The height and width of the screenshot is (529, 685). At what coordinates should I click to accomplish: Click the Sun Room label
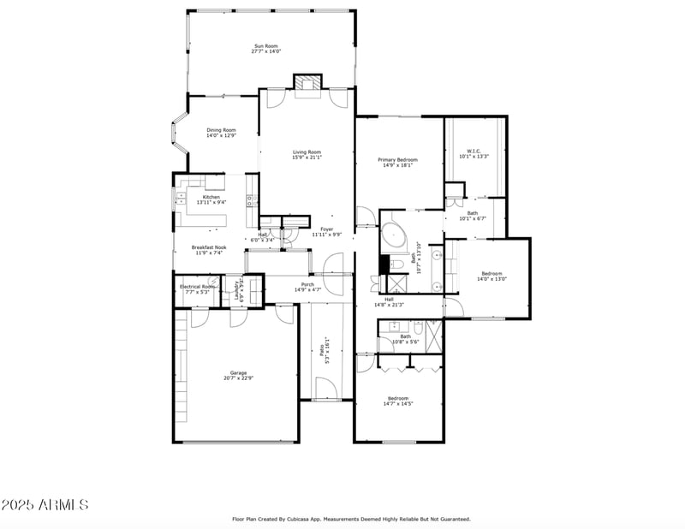pyautogui.click(x=266, y=49)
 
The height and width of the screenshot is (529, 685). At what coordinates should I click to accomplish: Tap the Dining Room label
pyautogui.click(x=221, y=133)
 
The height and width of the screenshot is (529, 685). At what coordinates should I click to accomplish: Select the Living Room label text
pyautogui.click(x=307, y=154)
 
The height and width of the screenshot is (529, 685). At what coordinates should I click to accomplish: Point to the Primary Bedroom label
pyautogui.click(x=398, y=162)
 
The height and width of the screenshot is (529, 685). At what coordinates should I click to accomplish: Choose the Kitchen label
pyautogui.click(x=211, y=199)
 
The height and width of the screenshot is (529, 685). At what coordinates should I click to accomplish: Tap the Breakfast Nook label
pyautogui.click(x=209, y=249)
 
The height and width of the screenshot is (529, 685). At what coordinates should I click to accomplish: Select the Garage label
pyautogui.click(x=238, y=375)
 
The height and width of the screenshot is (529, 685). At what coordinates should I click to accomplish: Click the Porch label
pyautogui.click(x=307, y=287)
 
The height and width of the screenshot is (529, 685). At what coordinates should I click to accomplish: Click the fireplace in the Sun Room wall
pyautogui.click(x=307, y=82)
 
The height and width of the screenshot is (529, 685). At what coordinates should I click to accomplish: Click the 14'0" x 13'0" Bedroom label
pyautogui.click(x=491, y=276)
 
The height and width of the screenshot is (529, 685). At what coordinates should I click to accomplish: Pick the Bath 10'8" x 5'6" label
pyautogui.click(x=405, y=338)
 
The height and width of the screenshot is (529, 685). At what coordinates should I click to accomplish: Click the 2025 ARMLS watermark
pyautogui.click(x=45, y=505)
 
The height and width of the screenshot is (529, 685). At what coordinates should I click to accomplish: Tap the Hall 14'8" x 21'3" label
pyautogui.click(x=389, y=301)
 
